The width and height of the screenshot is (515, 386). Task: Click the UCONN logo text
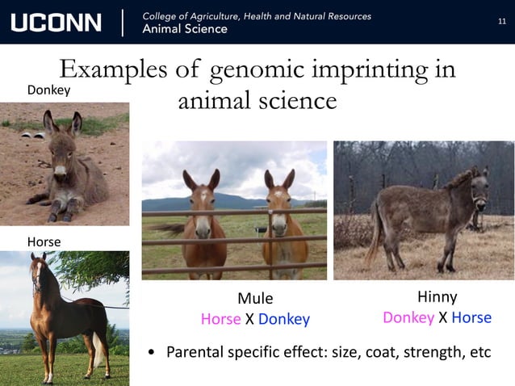[56, 22]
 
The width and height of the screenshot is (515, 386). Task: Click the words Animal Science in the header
[185, 29]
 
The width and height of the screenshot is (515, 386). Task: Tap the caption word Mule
[255, 299]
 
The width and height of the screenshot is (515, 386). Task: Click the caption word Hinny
[437, 297]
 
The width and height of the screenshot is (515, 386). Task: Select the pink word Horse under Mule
[220, 319]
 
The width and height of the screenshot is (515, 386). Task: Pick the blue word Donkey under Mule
[284, 319]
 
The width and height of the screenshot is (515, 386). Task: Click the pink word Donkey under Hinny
[408, 317]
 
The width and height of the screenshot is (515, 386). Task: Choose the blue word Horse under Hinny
[471, 317]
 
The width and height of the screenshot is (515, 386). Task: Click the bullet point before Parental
[151, 353]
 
